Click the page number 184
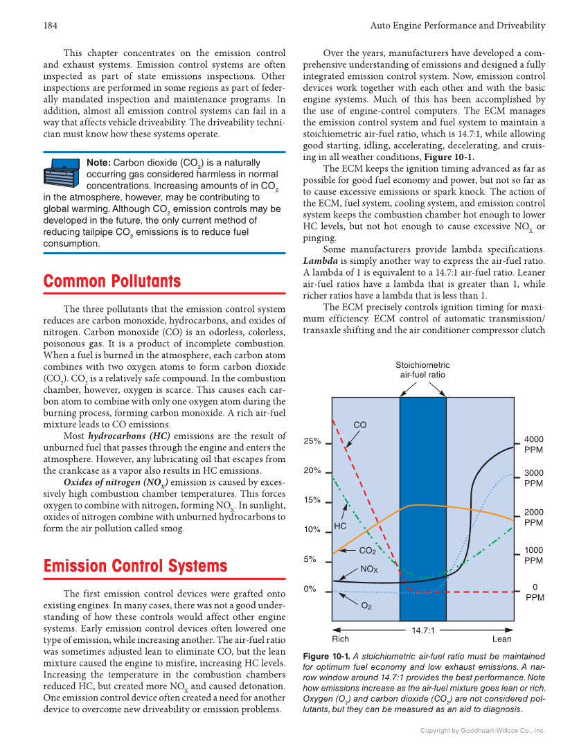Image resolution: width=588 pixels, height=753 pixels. point(50,26)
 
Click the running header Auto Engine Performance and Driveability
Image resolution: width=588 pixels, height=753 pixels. point(457,26)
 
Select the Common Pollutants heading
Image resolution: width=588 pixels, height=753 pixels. point(112,281)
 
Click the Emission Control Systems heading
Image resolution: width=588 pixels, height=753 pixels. point(135,566)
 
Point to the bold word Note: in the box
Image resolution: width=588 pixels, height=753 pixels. point(98,163)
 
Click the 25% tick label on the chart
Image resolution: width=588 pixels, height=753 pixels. point(312,441)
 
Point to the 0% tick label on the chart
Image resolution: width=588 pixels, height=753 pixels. point(312,590)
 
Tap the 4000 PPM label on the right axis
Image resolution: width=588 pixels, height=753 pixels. point(533,445)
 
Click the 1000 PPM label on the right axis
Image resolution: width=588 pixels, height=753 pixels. point(533,555)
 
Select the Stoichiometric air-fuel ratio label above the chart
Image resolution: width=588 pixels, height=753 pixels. point(422,370)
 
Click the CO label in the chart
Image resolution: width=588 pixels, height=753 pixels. point(360,425)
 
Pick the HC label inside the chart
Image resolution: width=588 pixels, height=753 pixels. point(340,526)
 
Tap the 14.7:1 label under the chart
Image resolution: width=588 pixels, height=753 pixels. point(422,630)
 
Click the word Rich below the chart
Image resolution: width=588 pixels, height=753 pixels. point(341,639)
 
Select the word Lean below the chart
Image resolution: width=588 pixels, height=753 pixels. point(501,639)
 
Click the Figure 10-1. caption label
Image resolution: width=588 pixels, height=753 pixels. point(326,656)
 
